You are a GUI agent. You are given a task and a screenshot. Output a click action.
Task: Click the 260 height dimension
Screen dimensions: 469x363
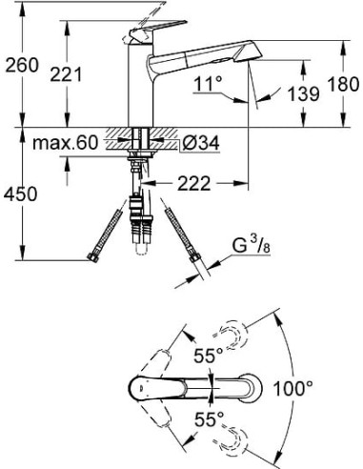21,66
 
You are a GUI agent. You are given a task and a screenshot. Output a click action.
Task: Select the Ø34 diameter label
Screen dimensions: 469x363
198,143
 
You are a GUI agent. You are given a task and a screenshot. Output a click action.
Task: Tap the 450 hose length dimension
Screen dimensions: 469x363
21,194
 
